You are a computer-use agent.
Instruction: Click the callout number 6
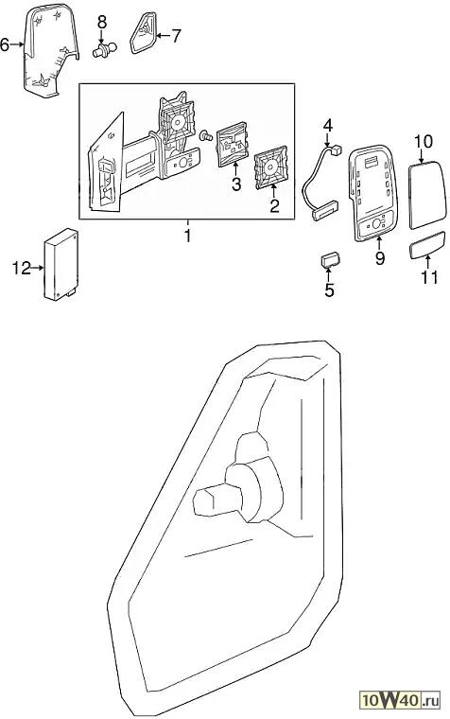[5, 45]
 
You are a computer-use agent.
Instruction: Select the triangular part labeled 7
[144, 32]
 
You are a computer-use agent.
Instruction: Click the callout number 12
[21, 268]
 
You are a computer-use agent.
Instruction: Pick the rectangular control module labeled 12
[61, 265]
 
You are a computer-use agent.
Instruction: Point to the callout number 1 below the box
[187, 236]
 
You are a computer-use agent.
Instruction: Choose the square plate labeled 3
[233, 144]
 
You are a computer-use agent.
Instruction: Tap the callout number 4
[328, 126]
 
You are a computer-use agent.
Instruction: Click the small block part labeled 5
[329, 260]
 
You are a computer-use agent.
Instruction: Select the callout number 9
[380, 257]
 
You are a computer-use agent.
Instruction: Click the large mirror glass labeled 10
[426, 195]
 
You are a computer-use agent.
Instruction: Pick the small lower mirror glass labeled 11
[426, 245]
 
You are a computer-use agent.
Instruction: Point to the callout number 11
[429, 277]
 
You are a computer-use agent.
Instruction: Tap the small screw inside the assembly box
[206, 135]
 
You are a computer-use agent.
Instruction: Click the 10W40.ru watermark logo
[400, 700]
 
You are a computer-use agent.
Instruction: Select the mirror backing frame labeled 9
[372, 193]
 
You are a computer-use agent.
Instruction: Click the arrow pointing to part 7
[164, 36]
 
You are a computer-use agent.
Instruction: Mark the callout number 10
[424, 141]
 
